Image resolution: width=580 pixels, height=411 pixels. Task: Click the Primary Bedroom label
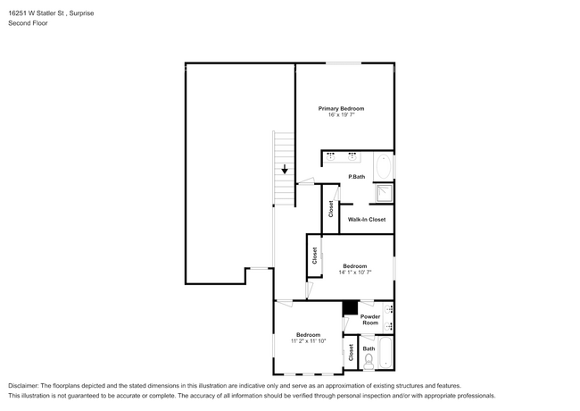click(x=341, y=108)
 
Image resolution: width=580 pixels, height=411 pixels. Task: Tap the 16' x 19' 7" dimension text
click(x=341, y=114)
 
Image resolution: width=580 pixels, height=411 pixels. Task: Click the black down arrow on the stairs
click(x=285, y=169)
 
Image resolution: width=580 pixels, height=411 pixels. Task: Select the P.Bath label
click(x=357, y=177)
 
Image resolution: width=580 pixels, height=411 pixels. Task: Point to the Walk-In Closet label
click(x=367, y=219)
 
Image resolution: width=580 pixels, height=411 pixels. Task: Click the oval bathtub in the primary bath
click(x=384, y=166)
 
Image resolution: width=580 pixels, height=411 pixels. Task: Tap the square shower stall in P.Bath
click(x=385, y=193)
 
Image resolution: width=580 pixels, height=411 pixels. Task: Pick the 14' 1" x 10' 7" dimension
click(x=355, y=273)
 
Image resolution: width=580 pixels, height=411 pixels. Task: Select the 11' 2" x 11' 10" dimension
click(x=308, y=341)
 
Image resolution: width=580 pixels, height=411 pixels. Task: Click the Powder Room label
click(x=370, y=320)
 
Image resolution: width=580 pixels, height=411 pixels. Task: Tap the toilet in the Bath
click(x=369, y=362)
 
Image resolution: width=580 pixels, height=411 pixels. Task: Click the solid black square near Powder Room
click(x=351, y=307)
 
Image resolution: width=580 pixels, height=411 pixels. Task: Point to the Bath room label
click(x=369, y=348)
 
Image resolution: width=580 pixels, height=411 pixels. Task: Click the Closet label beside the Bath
click(x=351, y=353)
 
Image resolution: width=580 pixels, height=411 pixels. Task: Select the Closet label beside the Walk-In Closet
click(x=331, y=209)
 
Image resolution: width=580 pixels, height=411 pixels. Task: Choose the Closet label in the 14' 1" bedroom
click(x=315, y=256)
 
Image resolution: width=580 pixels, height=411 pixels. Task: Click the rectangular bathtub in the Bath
click(x=385, y=353)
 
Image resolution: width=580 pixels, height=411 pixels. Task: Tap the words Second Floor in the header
click(x=28, y=23)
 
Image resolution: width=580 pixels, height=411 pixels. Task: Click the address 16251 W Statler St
click(x=37, y=13)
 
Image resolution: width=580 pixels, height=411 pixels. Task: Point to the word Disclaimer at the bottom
click(x=22, y=386)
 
